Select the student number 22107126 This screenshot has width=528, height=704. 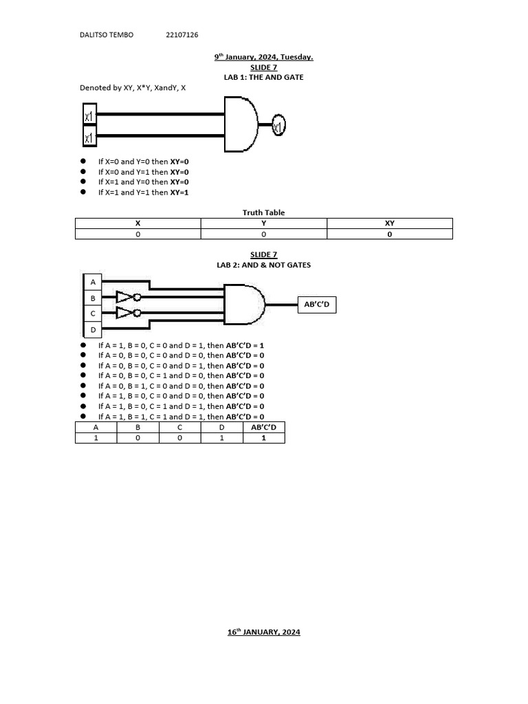(182, 35)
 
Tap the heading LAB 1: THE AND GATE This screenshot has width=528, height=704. (263, 78)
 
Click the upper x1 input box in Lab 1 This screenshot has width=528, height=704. (89, 116)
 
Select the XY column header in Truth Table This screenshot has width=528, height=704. (390, 223)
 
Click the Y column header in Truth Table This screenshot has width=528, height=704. (263, 223)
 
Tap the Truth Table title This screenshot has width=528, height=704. (263, 212)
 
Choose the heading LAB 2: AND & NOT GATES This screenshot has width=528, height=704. (263, 265)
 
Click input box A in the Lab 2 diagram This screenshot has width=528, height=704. (92, 283)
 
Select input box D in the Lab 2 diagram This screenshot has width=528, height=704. (92, 331)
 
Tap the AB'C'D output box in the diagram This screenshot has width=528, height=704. (317, 305)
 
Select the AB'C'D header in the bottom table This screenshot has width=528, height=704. (263, 427)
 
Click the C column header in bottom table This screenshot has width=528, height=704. (179, 427)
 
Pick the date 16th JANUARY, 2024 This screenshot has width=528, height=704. (264, 632)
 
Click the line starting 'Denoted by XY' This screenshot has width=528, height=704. (133, 88)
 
